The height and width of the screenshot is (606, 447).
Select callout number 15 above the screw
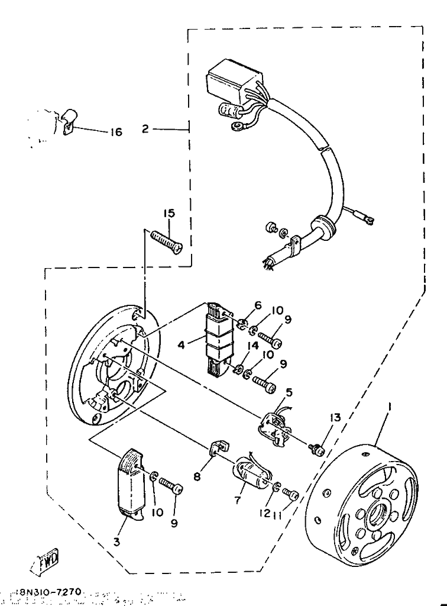[x=170, y=214]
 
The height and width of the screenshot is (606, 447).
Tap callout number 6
[x=257, y=305]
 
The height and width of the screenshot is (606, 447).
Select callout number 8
[x=197, y=475]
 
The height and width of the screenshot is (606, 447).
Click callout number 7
[x=238, y=500]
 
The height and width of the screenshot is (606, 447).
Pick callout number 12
[x=264, y=512]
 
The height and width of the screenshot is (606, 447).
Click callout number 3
[x=116, y=541]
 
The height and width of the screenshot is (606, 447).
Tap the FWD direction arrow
[x=46, y=560]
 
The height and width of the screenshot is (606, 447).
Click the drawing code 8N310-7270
[x=52, y=592]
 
